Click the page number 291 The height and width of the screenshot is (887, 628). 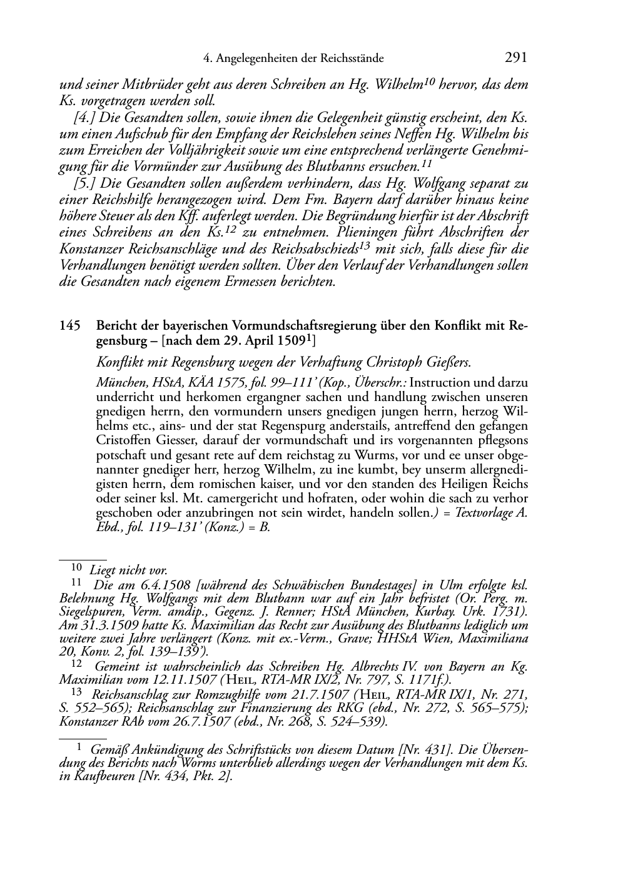click(515, 58)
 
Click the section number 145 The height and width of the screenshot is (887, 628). click(69, 326)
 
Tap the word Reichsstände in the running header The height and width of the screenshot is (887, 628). click(351, 59)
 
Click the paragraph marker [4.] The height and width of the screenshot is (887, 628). click(84, 118)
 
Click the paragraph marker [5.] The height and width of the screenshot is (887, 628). click(84, 184)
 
